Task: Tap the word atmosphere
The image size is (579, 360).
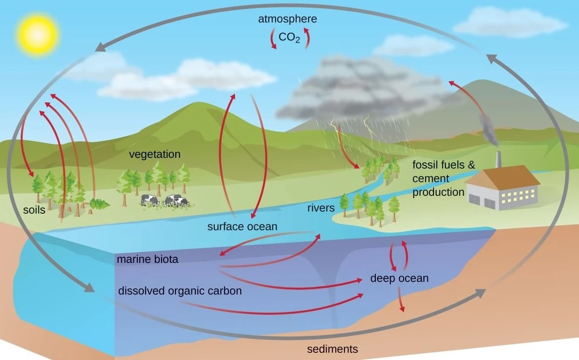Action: pos(288,19)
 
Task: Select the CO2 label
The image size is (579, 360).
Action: pos(289,37)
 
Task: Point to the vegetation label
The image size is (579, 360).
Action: pos(154,154)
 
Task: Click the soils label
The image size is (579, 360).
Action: pos(35,209)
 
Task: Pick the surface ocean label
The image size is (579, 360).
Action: pos(242,226)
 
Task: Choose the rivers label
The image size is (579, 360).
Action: pos(321,208)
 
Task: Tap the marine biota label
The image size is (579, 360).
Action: pos(147,259)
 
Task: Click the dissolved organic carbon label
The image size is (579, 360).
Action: pos(180,291)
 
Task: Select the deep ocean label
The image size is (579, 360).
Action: pos(399,278)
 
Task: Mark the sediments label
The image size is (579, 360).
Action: pos(332,349)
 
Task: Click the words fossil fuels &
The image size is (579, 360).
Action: pos(444,165)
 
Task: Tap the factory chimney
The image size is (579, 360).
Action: pos(498,160)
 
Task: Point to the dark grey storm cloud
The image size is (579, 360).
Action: pos(358,87)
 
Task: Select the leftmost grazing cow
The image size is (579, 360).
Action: pos(150,200)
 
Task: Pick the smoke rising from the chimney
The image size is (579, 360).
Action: pos(489,130)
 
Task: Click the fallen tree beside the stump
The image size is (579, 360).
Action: pos(100,204)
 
